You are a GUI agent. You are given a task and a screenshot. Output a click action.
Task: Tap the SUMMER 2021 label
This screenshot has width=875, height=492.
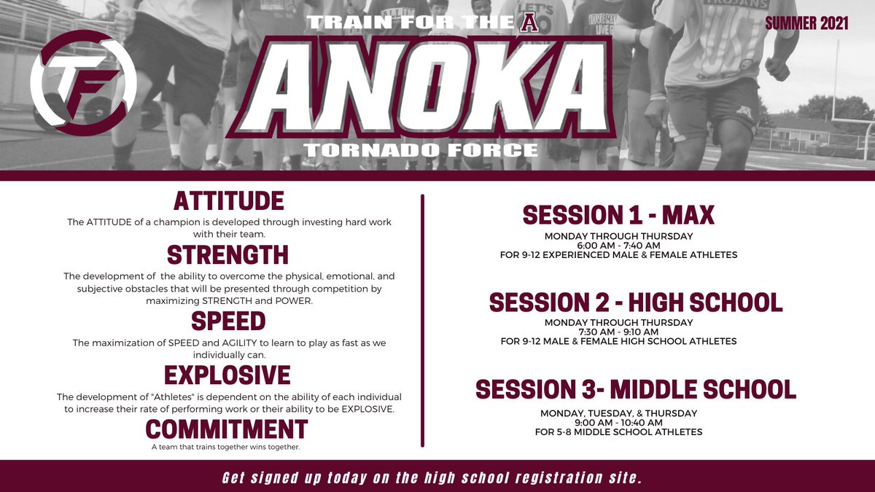click(x=806, y=23)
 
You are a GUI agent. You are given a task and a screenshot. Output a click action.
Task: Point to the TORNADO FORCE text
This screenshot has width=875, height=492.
click(x=421, y=150)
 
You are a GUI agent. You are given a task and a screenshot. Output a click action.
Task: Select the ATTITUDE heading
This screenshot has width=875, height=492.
click(x=228, y=200)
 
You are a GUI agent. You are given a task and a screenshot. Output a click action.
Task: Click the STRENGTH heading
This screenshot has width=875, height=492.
click(x=228, y=255)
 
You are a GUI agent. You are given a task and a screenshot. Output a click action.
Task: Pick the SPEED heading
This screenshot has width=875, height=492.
click(x=228, y=321)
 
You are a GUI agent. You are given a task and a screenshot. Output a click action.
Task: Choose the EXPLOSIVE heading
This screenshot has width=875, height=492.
click(x=228, y=375)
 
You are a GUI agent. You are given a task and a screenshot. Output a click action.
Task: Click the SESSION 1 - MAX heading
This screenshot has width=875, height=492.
click(x=618, y=215)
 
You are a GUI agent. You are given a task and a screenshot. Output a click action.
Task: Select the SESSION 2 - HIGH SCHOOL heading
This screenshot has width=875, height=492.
click(x=636, y=302)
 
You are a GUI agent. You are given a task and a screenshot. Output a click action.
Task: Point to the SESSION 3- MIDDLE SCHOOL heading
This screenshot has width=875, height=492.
click(x=636, y=389)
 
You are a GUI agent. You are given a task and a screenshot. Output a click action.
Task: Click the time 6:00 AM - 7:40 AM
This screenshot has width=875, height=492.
click(x=618, y=246)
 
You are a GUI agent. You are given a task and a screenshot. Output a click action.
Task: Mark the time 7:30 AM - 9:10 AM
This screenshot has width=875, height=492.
click(x=618, y=332)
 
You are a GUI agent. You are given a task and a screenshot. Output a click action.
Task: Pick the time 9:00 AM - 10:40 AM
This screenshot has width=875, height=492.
click(x=618, y=422)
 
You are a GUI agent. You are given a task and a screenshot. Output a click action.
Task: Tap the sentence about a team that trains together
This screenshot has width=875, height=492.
click(x=225, y=447)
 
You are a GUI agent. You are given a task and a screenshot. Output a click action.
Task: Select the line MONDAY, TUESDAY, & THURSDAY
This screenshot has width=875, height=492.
click(x=618, y=413)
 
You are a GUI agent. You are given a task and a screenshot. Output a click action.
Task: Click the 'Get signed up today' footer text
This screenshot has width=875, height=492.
click(x=432, y=478)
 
